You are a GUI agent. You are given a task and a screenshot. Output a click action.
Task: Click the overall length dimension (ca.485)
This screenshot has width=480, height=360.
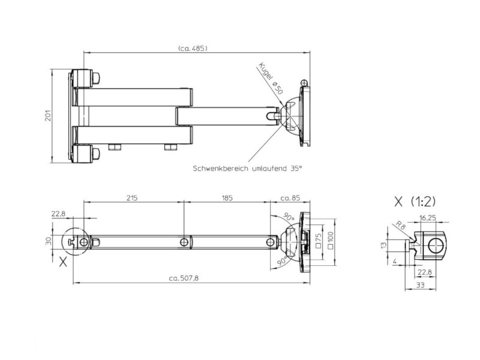point(193,49)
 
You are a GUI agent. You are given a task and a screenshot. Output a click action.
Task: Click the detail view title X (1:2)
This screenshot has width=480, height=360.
point(415,202)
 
